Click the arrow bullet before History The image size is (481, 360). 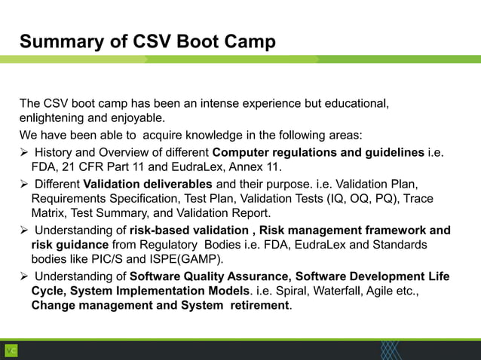(x=24, y=153)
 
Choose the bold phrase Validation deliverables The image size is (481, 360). (x=149, y=185)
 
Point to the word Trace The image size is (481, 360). (x=421, y=199)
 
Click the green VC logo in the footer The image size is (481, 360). (x=11, y=350)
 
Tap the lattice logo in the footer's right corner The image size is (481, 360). (x=390, y=349)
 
